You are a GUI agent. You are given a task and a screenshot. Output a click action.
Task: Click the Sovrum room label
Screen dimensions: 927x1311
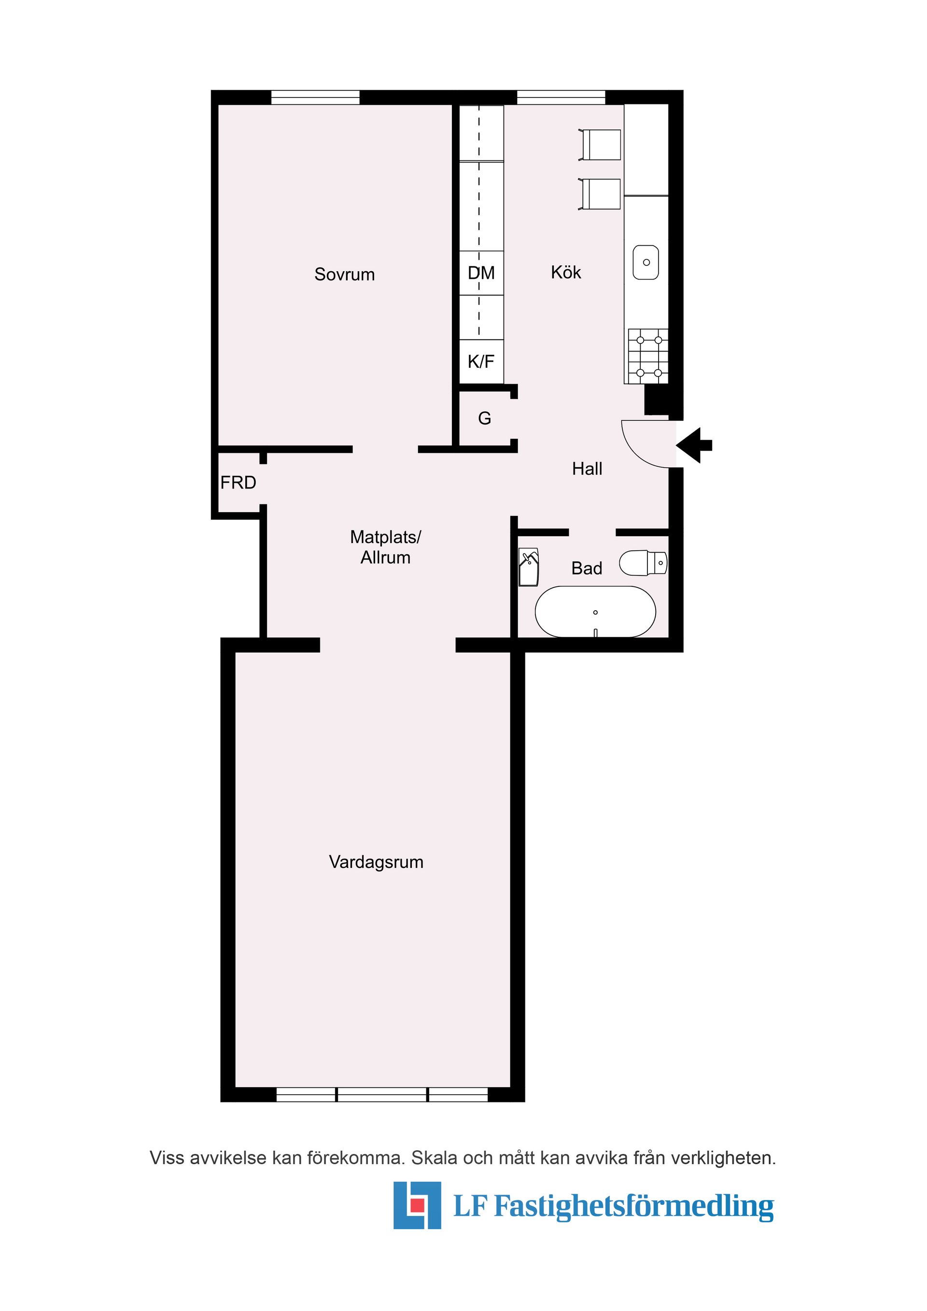(x=344, y=275)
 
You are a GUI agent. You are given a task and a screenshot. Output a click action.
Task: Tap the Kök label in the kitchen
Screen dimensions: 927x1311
(x=566, y=272)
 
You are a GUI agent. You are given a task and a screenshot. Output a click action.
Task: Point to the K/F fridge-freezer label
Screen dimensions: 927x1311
(x=481, y=362)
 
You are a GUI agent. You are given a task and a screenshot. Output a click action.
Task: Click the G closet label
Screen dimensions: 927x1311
(x=484, y=418)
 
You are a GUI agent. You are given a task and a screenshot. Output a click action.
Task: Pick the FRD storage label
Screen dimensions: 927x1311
(x=238, y=483)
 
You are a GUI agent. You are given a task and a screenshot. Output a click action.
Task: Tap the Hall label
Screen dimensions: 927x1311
(x=587, y=469)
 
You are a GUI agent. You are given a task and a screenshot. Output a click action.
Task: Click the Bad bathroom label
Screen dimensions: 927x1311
(x=587, y=568)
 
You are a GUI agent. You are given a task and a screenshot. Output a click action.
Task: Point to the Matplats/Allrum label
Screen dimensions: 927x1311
(x=386, y=547)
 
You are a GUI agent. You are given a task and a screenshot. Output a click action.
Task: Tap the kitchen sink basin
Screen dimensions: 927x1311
(x=646, y=263)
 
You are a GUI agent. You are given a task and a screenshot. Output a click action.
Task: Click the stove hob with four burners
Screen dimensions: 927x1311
(x=648, y=356)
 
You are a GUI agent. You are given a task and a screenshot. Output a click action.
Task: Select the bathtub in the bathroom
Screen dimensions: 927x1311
(x=595, y=612)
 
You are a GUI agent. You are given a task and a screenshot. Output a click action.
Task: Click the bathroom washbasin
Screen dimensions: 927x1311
(x=529, y=567)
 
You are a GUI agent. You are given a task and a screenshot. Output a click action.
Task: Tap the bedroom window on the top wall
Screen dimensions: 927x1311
(x=315, y=98)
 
